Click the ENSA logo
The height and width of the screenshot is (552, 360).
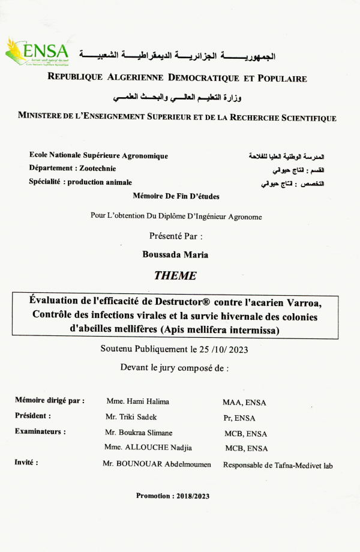(37, 52)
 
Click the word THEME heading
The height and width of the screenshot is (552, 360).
(175, 276)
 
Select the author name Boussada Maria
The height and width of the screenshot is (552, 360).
(175, 254)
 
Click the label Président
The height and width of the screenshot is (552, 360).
(32, 415)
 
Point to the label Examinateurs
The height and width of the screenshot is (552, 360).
(40, 431)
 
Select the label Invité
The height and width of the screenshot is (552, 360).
(26, 463)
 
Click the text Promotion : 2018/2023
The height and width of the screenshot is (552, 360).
(173, 496)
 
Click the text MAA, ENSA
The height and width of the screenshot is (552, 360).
(244, 403)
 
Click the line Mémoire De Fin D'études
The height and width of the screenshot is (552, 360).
(176, 196)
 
